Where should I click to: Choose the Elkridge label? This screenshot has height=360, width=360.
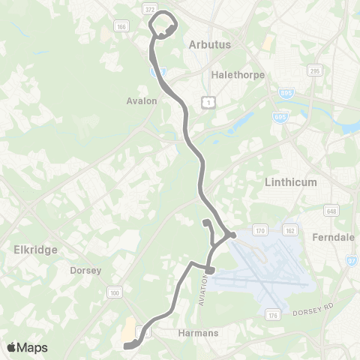35,250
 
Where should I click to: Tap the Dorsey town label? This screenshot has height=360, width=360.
85,270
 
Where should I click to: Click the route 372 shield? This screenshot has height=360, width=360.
150,7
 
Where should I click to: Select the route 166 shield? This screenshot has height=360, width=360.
121,26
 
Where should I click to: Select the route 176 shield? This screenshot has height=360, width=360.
274,317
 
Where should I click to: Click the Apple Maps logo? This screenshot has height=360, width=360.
27,347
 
